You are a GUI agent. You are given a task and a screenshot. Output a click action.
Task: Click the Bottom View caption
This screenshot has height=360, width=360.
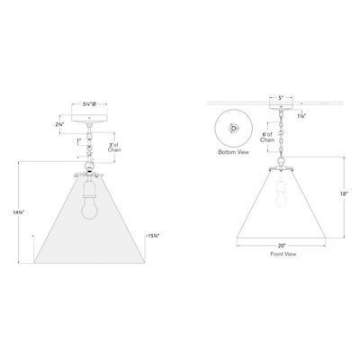(232, 153)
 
